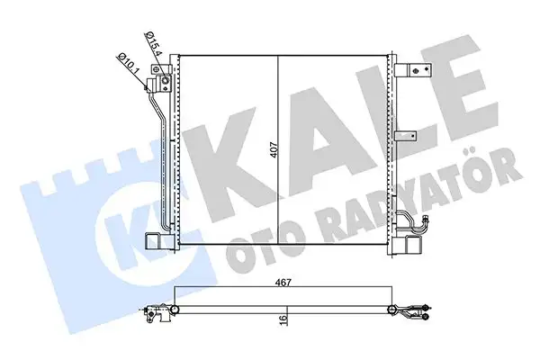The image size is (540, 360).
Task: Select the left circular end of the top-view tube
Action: (x=174, y=311)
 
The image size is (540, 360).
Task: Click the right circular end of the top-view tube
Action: (x=392, y=311)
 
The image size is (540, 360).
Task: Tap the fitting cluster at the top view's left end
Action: (x=156, y=313)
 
